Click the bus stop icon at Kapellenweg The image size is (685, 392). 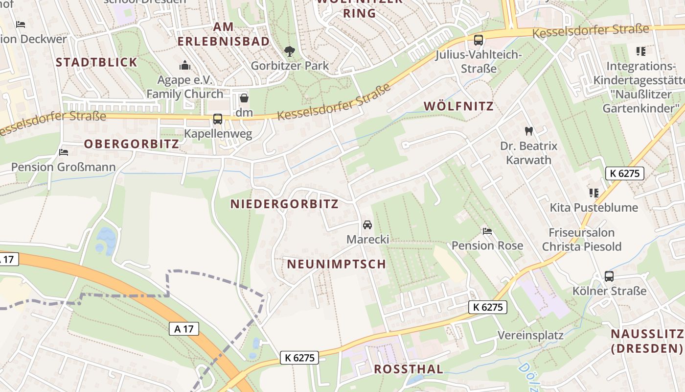218,119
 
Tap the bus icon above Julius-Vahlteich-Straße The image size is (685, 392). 478,40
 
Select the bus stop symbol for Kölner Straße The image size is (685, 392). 609,276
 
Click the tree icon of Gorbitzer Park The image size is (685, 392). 290,51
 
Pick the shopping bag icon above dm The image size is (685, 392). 244,98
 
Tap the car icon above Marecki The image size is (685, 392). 367,225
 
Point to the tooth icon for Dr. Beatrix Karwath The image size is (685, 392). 528,131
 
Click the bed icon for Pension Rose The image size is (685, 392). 487,231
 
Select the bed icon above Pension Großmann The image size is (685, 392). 63,152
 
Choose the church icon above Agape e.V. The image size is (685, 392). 185,65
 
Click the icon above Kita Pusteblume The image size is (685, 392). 594,193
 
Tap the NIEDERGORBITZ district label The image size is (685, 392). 284,204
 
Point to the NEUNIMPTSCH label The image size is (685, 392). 337,264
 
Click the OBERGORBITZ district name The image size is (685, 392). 132,144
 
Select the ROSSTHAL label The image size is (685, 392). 409,369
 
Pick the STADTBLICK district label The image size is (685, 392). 97,62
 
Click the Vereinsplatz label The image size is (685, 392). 530,336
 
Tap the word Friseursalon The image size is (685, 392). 581,232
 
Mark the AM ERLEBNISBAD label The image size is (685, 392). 224,34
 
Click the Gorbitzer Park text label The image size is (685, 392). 290,66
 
